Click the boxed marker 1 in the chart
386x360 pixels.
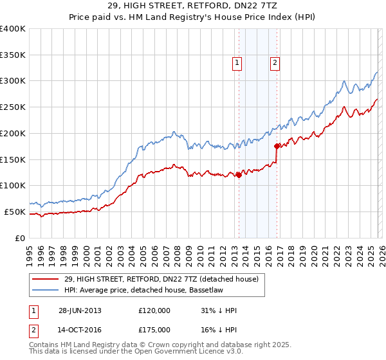(237, 63)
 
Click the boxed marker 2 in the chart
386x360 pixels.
(275, 63)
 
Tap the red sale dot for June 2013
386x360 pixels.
(239, 175)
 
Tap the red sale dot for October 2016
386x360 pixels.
(277, 146)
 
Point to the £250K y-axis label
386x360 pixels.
(13, 107)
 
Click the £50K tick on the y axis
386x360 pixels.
(15, 212)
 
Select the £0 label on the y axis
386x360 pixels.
(21, 238)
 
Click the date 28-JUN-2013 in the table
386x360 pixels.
(80, 310)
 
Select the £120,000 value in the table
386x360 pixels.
(154, 310)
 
